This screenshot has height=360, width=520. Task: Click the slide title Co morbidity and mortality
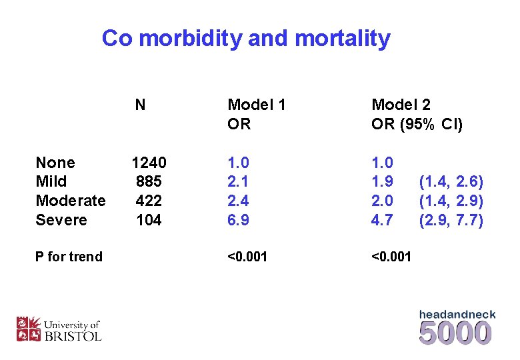pyautogui.click(x=245, y=38)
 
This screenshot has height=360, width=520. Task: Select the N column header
pyautogui.click(x=140, y=105)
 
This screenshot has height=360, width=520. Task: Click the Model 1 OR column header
pyautogui.click(x=257, y=114)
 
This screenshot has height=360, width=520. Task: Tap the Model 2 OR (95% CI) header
pyautogui.click(x=417, y=114)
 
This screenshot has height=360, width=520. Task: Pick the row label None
pyautogui.click(x=55, y=163)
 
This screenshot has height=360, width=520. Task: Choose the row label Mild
pyautogui.click(x=51, y=181)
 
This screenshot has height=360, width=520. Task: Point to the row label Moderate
pyautogui.click(x=71, y=201)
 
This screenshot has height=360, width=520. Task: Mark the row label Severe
pyautogui.click(x=61, y=219)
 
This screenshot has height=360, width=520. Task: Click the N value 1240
pyautogui.click(x=149, y=163)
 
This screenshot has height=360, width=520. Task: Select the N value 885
pyautogui.click(x=149, y=181)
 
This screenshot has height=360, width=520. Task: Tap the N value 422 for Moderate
pyautogui.click(x=149, y=201)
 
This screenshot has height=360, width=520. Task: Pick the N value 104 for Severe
pyautogui.click(x=149, y=219)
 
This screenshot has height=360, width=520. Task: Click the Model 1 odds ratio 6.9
pyautogui.click(x=239, y=219)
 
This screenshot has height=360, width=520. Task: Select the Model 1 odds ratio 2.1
pyautogui.click(x=239, y=181)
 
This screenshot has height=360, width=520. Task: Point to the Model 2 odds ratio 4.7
pyautogui.click(x=382, y=219)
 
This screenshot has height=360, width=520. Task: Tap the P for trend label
pyautogui.click(x=69, y=257)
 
